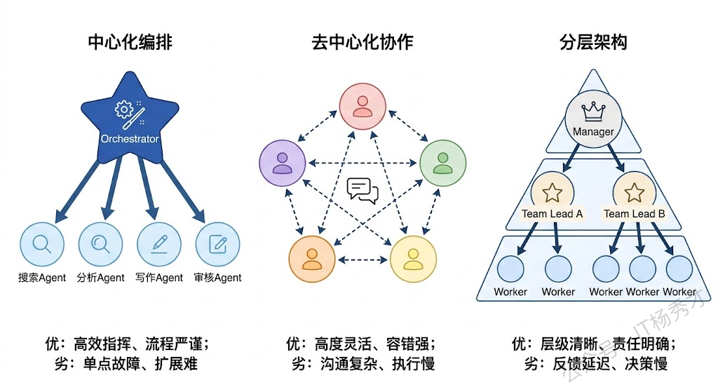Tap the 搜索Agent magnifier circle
pos(42,245)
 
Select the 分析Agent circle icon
pos(100,245)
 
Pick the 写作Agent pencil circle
pos(159,245)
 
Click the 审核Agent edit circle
pos(217,245)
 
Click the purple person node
pos(282,163)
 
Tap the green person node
pos(442,163)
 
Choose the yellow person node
pos(413,260)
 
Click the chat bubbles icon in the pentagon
pos(363,190)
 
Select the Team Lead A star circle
pos(553,192)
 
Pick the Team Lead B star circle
pos(634,192)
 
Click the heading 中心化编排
pos(130,43)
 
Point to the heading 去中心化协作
pos(363,43)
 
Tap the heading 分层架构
pos(593,43)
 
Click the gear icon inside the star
pos(124,109)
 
